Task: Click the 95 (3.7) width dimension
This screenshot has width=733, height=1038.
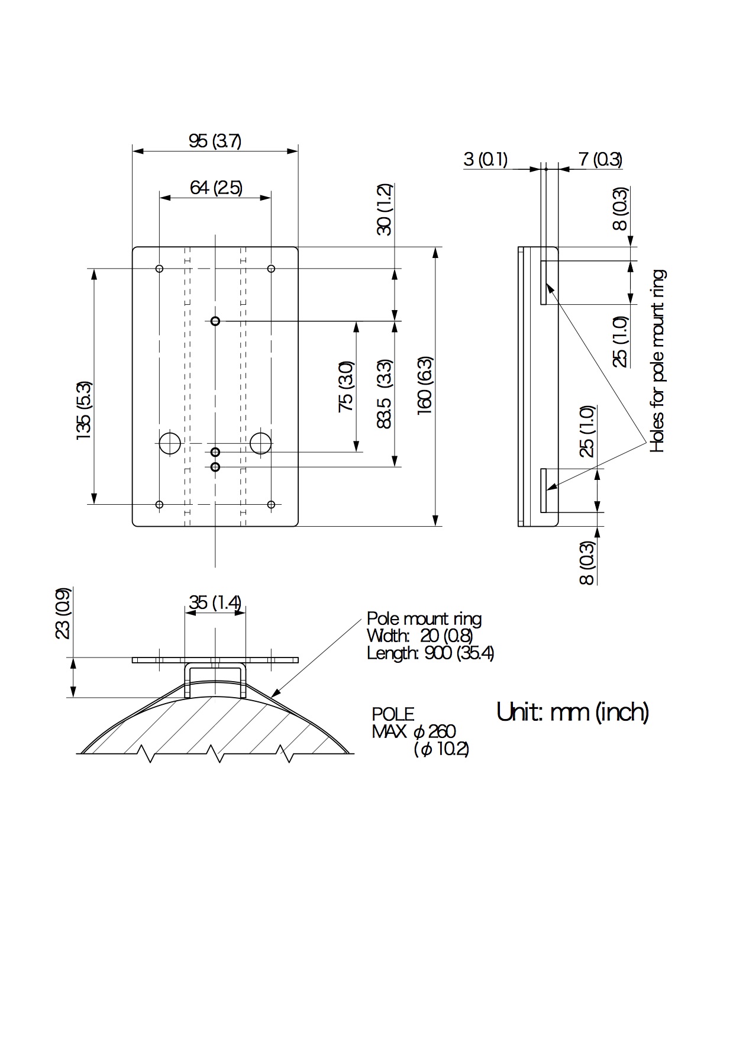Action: point(215,141)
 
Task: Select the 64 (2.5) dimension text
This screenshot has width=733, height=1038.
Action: point(216,188)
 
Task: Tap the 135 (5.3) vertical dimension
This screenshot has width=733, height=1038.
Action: point(83,410)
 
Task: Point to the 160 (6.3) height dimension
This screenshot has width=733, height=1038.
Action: point(425,385)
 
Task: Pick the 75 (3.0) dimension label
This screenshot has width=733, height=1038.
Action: point(346,386)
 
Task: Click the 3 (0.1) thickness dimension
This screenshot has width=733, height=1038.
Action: point(485,159)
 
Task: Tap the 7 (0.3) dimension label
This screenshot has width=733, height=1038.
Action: point(600,159)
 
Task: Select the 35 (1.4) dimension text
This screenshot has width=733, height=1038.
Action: point(215,602)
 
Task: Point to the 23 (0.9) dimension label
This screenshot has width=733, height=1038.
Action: point(63,613)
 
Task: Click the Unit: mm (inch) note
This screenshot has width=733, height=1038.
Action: point(573,711)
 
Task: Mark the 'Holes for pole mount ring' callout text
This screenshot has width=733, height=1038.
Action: point(657,361)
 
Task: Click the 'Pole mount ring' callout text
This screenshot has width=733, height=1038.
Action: point(424,619)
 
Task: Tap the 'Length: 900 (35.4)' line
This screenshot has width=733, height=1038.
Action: point(430,653)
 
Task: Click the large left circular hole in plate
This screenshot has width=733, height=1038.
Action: point(170,443)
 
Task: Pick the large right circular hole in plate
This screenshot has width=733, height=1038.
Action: point(261,443)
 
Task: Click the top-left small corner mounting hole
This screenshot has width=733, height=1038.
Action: point(159,269)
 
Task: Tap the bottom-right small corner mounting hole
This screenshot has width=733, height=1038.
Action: point(271,505)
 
